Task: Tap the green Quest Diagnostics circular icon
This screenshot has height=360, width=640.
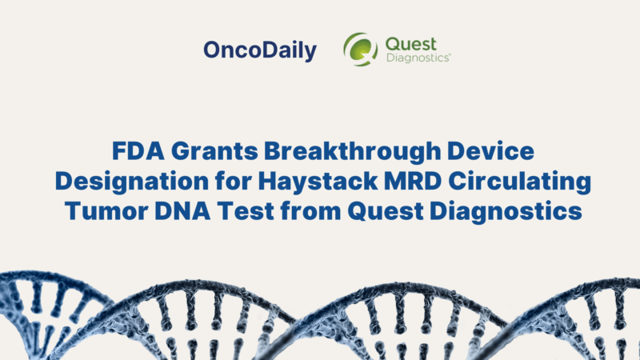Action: [360, 50]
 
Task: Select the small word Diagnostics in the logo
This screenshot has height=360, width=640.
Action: [418, 58]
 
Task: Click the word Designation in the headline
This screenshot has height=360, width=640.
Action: [122, 184]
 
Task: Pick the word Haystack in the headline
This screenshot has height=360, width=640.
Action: [287, 184]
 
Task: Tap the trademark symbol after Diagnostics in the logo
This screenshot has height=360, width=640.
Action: [450, 55]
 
